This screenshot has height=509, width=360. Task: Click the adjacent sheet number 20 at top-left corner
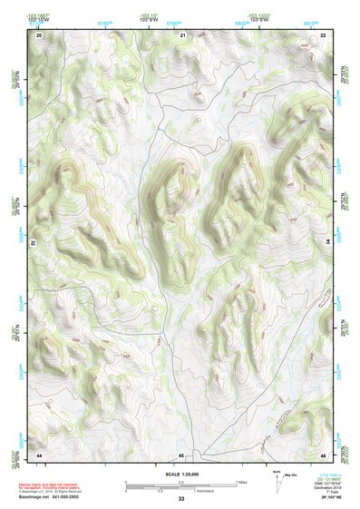40,34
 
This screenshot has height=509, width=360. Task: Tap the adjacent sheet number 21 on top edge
182,34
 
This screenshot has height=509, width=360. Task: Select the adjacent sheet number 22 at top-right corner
324,34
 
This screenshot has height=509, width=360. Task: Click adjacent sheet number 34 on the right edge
328,242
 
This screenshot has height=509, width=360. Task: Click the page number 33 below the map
181,499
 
